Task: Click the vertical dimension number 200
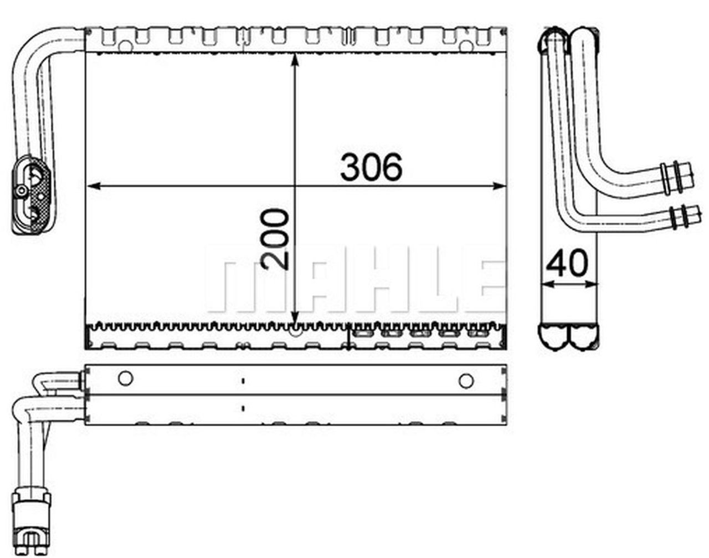tap(276, 239)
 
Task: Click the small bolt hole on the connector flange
tap(22, 192)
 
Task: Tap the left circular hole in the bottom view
tap(126, 378)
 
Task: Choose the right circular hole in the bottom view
tap(466, 380)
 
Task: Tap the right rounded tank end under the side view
tap(583, 336)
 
